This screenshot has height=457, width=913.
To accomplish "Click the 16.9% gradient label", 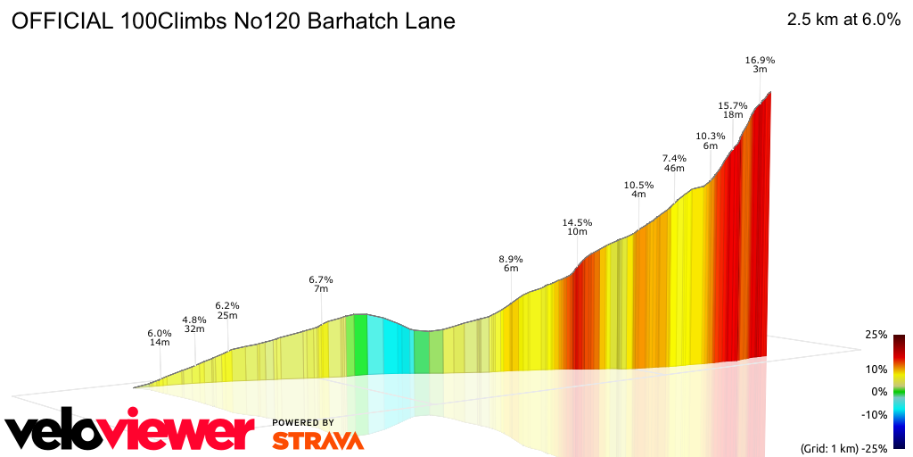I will coord(760,61).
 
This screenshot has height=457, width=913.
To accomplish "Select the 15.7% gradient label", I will coord(733,106).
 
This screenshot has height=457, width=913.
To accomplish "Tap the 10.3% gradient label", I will coord(711,137).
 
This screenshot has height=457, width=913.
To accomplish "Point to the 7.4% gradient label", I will coord(674,159).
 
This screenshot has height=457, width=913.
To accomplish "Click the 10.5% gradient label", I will coord(638,186).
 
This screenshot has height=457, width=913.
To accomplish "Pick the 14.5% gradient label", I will coord(577,223).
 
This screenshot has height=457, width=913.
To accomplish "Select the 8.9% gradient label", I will coord(511,260).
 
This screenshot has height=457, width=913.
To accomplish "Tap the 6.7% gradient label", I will coord(320,279).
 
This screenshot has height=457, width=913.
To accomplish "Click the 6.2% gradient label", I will coord(227,305).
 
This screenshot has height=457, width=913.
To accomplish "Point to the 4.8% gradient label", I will coord(194,320).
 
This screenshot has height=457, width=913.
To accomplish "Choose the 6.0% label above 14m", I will coord(160,334).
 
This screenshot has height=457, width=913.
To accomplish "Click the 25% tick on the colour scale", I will coord(876,335).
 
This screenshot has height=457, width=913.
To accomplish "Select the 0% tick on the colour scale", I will coord(879,391).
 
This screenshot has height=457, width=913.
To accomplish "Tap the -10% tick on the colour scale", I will coord(874,414).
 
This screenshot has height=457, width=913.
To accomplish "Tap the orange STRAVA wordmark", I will coord(317,441).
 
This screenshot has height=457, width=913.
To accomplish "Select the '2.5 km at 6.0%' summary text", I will coord(843,21).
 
